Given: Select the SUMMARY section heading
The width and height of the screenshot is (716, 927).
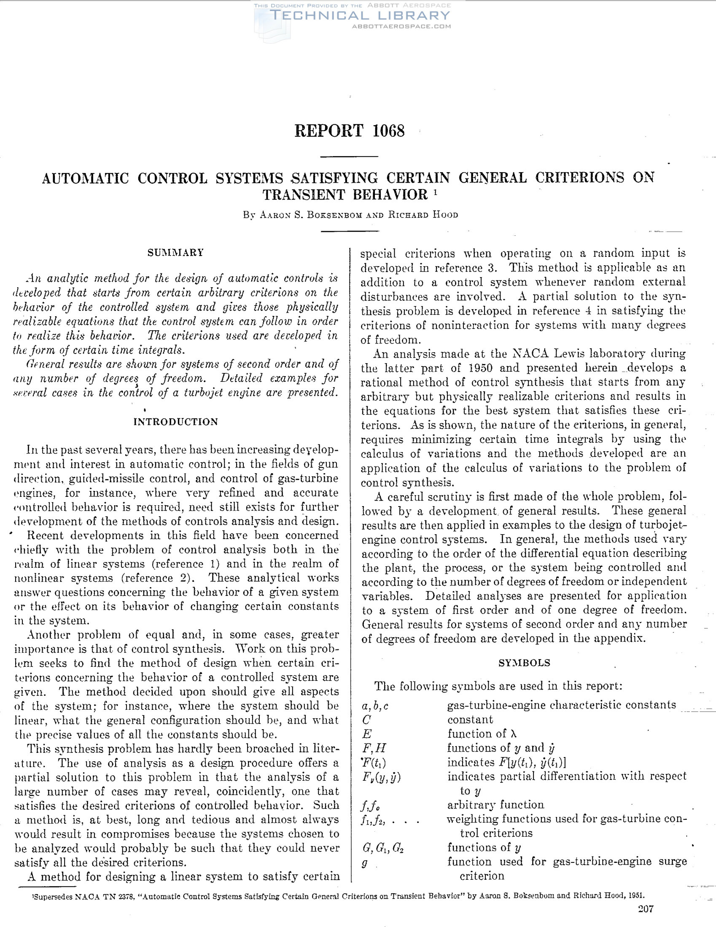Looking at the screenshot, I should (x=176, y=253).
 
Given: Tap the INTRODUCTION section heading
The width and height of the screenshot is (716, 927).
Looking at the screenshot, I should (x=176, y=421).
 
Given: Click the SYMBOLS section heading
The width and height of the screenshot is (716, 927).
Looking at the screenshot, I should (x=524, y=663).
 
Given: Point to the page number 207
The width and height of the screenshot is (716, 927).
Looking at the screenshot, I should (x=646, y=909).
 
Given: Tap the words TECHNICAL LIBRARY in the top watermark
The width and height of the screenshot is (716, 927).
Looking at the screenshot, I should (x=360, y=16).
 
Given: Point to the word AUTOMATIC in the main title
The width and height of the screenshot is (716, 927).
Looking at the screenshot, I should (x=85, y=178).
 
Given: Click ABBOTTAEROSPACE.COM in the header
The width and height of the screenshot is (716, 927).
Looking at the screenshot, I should (x=401, y=26).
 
